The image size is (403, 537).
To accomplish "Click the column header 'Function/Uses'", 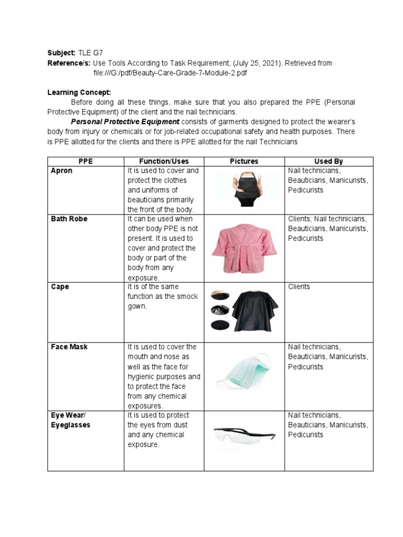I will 164,162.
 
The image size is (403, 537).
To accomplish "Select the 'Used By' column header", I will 328,162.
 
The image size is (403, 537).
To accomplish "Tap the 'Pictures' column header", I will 244,162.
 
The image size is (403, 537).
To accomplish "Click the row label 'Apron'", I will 62,171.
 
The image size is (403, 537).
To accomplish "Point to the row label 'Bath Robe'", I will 69,219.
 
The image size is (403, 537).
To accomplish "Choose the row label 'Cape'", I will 60,287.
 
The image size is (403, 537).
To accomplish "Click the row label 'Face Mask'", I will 69,347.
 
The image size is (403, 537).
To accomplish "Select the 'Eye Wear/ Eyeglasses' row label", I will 70,420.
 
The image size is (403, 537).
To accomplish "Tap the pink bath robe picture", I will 243,247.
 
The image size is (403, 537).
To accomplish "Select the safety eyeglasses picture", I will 243,435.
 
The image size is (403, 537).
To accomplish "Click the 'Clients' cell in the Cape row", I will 299,287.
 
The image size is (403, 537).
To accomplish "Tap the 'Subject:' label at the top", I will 61,53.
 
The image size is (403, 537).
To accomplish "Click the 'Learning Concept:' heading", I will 79,92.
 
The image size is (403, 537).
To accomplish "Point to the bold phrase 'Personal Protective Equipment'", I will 121,122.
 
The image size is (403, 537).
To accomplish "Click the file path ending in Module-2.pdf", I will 170,73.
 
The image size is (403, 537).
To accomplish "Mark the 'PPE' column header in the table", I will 85,162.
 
